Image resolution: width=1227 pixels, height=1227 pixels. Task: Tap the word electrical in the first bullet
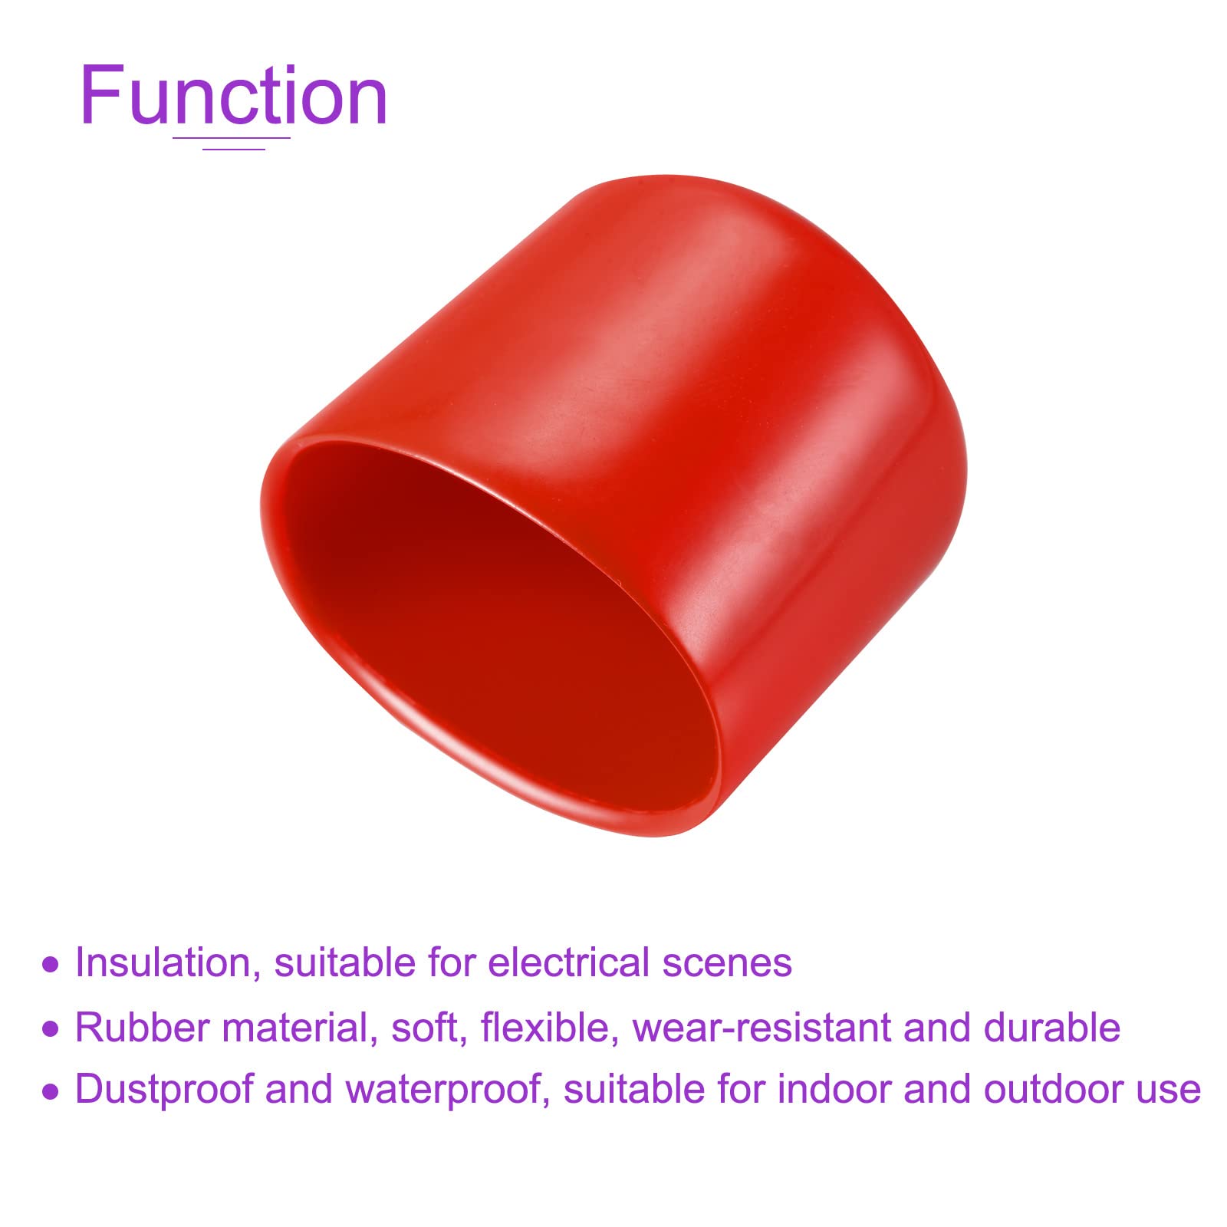tap(568, 962)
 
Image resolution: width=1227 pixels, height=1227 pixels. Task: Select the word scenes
tap(727, 964)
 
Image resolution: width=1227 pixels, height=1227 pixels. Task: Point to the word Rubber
tap(143, 1028)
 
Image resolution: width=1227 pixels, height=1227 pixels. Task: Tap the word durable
tap(1051, 1028)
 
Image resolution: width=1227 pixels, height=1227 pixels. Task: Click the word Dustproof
tap(163, 1090)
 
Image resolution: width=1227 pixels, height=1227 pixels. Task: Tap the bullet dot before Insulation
tap(51, 964)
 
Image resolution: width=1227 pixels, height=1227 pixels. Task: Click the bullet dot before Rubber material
tap(51, 1028)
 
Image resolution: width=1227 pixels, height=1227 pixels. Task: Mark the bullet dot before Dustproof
tap(51, 1090)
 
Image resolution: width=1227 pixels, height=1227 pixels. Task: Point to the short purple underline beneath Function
tap(233, 150)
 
